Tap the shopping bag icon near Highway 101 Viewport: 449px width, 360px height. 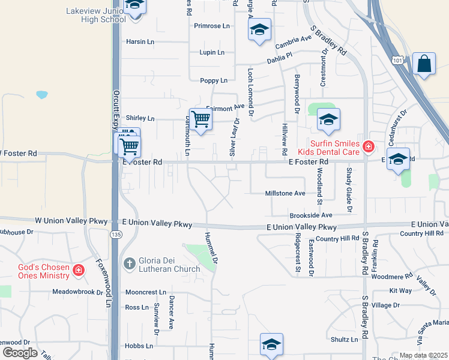pyautogui.click(x=424, y=64)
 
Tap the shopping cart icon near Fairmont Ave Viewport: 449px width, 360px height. pyautogui.click(x=200, y=118)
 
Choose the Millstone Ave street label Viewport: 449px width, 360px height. pyautogui.click(x=286, y=193)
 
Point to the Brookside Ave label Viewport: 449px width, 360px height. pyautogui.click(x=311, y=215)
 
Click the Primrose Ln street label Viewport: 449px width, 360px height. pyautogui.click(x=212, y=26)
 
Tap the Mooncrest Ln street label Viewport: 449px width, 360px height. pyautogui.click(x=146, y=292)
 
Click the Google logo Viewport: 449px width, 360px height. pyautogui.click(x=20, y=353)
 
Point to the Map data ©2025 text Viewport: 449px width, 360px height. pyautogui.click(x=423, y=355)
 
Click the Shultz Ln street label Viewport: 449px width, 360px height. pyautogui.click(x=345, y=339)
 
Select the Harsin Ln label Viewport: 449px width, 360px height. pyautogui.click(x=140, y=42)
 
